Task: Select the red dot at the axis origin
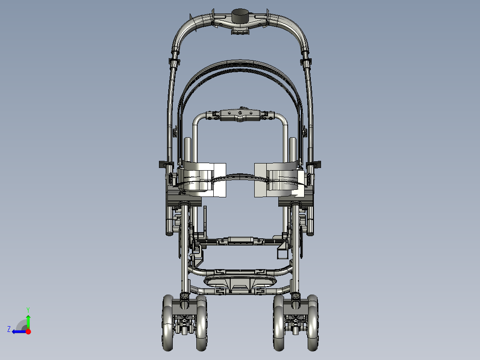pos(28,331)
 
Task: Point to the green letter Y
pos(28,309)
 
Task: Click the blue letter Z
pos(8,329)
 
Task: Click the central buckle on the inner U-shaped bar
pos(240,115)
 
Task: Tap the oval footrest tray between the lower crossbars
pos(240,282)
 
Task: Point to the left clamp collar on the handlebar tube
pos(174,62)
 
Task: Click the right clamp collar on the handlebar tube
pos(306,62)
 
